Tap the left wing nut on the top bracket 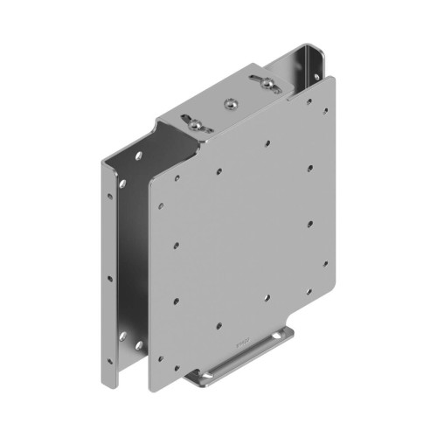coord(195,124)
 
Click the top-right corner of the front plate coord(334,77)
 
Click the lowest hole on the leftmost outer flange coord(109,360)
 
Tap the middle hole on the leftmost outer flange coord(109,279)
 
